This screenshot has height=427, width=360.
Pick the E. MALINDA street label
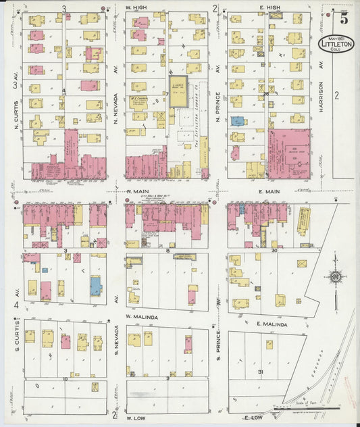coord(272,324)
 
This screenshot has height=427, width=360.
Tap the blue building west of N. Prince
coord(237,121)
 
